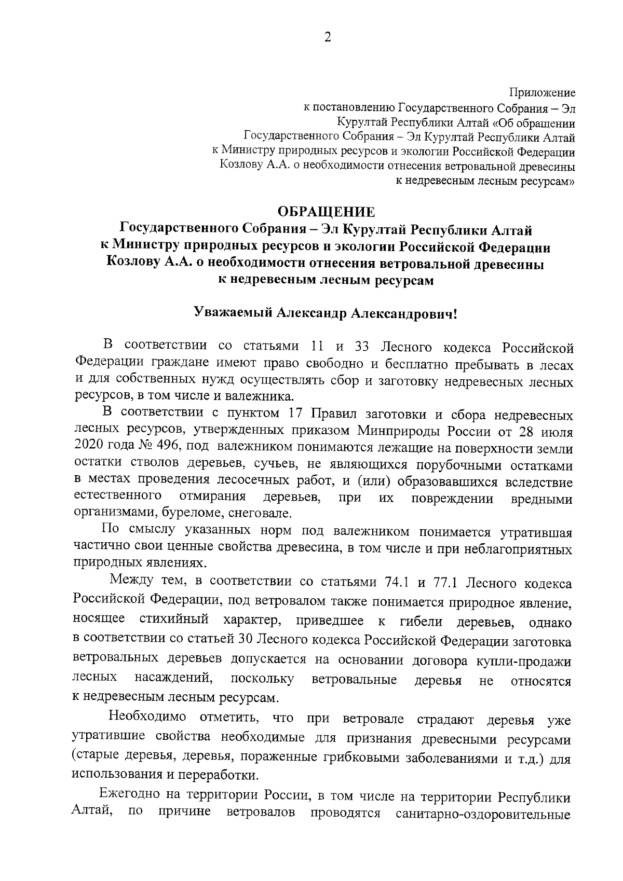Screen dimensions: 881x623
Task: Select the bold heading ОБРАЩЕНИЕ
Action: click(327, 212)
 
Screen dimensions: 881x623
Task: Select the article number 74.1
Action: click(397, 583)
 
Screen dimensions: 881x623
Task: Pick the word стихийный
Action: click(174, 621)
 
